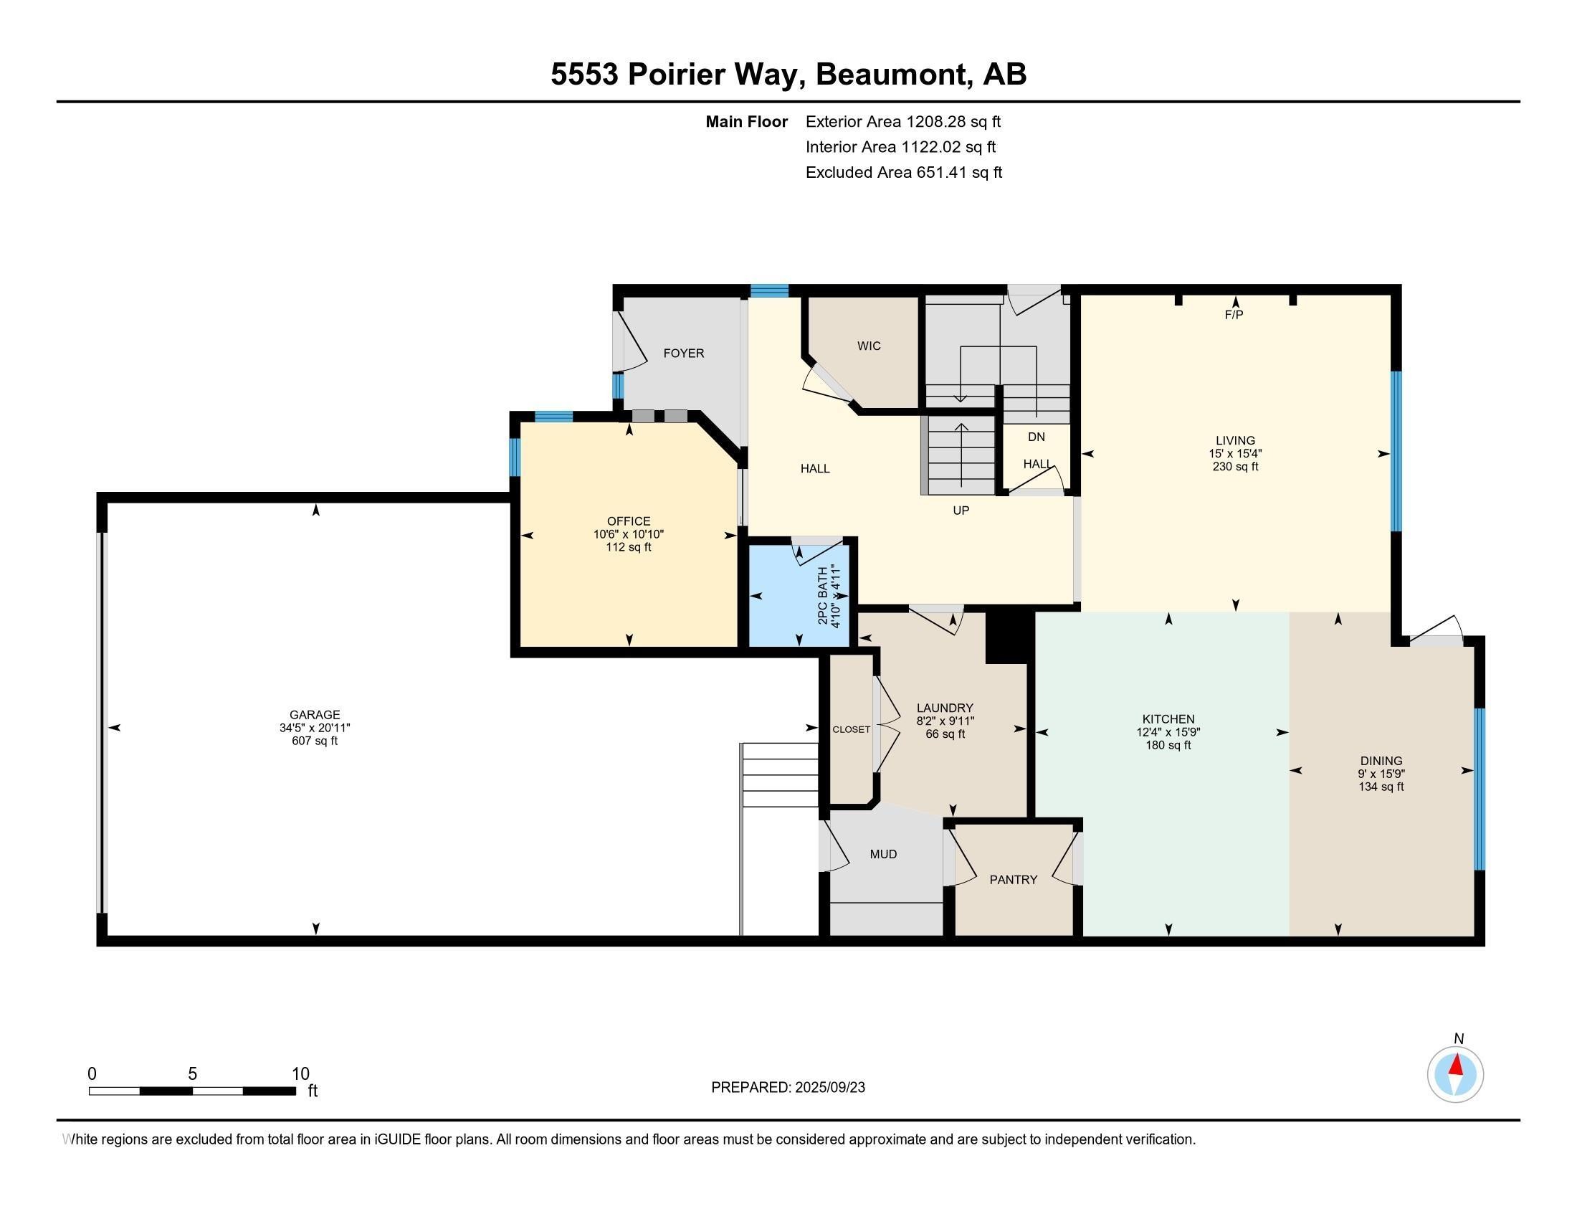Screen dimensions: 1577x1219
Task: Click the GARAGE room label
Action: coord(315,715)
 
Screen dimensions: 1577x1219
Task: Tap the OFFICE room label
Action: coord(628,521)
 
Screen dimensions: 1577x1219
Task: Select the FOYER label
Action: coord(684,353)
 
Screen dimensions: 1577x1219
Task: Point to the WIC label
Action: coord(869,346)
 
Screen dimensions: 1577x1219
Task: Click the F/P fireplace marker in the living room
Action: coord(1234,315)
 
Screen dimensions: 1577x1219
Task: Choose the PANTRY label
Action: coord(1013,880)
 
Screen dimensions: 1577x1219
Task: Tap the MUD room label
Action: coord(883,854)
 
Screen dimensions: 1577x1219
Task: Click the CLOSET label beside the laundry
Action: coord(852,729)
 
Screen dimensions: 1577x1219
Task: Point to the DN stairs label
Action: coord(1037,437)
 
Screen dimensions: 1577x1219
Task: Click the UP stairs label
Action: coord(961,511)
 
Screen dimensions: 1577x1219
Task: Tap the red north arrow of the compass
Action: coord(1457,1065)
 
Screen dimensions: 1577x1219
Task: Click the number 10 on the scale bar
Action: coord(300,1074)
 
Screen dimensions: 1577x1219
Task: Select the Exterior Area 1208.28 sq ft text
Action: coord(903,121)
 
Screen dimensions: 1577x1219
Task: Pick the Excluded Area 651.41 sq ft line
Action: coord(904,172)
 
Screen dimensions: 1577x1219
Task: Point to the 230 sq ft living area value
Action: coord(1236,467)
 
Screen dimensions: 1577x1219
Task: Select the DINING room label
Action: coord(1381,760)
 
